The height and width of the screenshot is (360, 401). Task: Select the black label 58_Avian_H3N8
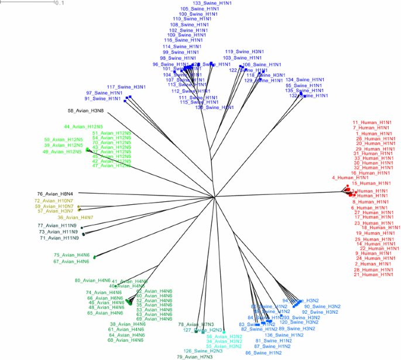point(86,110)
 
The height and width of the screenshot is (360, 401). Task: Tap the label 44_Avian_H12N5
point(83,126)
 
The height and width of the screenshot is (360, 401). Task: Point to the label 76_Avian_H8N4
point(55,194)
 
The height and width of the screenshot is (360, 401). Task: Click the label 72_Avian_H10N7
point(54,200)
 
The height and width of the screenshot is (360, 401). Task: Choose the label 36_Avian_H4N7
point(76,218)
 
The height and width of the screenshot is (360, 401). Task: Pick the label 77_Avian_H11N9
point(57,225)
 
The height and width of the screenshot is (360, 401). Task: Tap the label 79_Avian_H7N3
point(194,356)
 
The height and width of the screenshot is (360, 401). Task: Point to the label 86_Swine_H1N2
point(263,353)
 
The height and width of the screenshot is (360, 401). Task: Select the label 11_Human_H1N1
point(371,122)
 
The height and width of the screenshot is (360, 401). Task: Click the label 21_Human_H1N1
point(373,275)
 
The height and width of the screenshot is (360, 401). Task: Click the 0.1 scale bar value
point(59,3)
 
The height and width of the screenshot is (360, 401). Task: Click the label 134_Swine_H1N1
point(305,80)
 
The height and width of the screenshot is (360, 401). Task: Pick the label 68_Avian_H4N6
point(126,340)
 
